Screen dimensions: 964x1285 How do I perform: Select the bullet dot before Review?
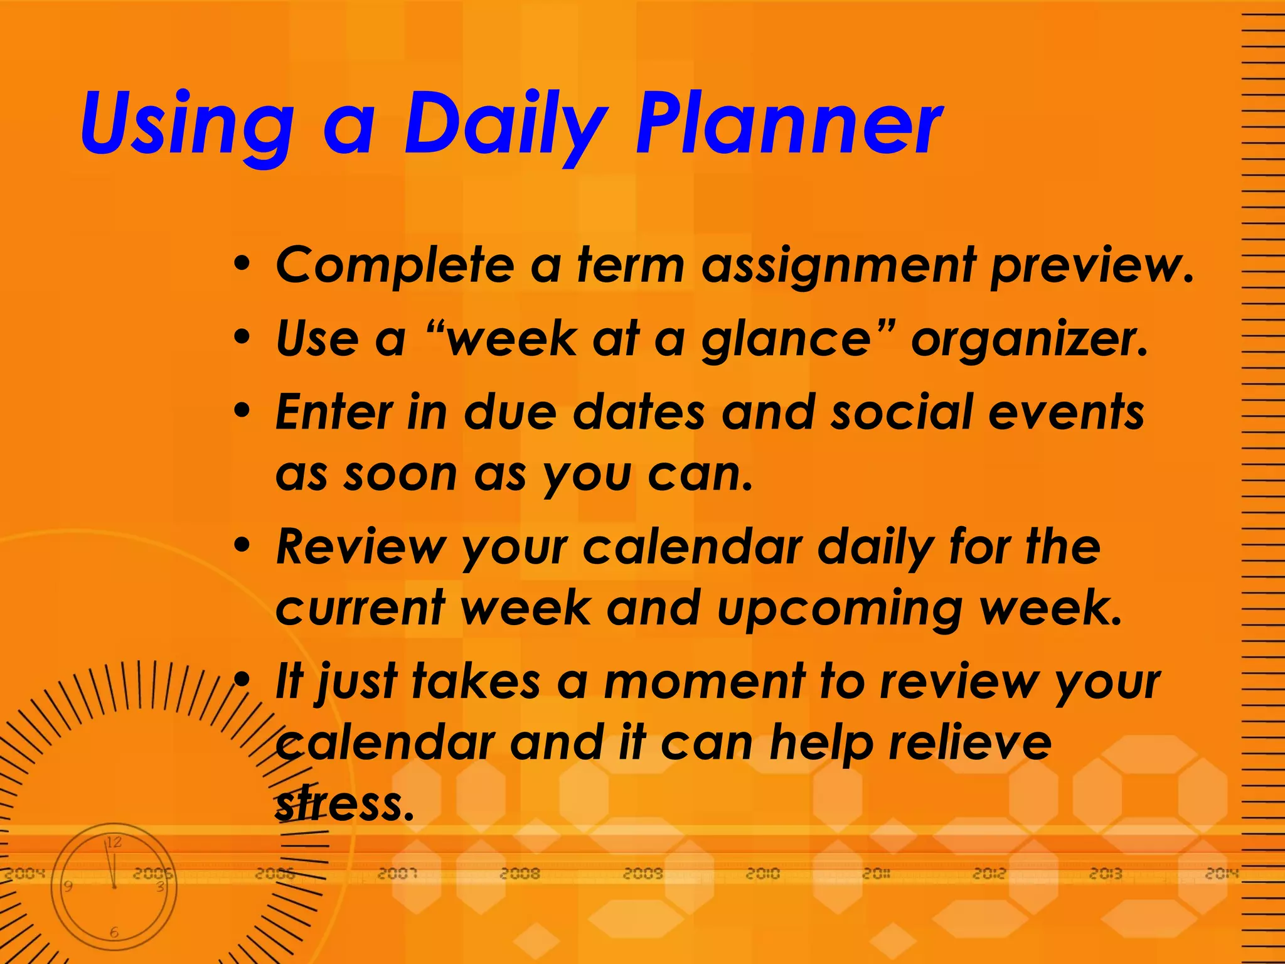242,545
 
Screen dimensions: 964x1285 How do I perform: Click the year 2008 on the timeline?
520,873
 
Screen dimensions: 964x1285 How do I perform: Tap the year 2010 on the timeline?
762,873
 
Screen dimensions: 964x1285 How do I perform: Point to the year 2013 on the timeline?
1105,873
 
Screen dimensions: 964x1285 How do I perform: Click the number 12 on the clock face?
114,842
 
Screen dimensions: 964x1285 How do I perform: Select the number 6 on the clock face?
114,933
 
